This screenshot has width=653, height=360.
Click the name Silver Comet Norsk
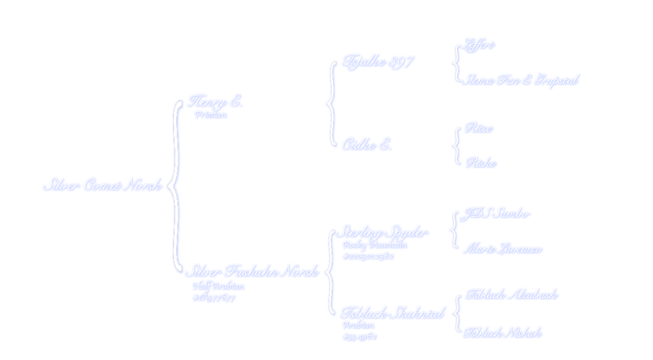click(102, 185)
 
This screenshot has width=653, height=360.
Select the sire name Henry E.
click(214, 101)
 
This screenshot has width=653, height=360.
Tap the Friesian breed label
click(210, 115)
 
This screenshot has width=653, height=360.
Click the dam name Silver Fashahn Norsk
click(251, 272)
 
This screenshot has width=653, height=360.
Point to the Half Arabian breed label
click(218, 286)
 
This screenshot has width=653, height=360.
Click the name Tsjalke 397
click(378, 62)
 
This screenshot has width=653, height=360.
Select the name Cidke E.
click(366, 145)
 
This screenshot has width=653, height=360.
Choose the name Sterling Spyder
click(382, 232)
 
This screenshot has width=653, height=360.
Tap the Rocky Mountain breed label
click(374, 245)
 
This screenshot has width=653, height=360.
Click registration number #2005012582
click(369, 256)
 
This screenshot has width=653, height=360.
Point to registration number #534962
click(359, 337)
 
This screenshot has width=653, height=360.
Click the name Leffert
click(479, 45)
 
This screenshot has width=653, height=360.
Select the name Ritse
click(479, 128)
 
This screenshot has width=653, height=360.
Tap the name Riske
click(481, 163)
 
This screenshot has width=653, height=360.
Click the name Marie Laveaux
click(502, 248)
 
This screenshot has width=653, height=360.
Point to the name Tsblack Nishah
click(502, 333)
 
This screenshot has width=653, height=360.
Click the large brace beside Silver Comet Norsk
click(174, 186)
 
